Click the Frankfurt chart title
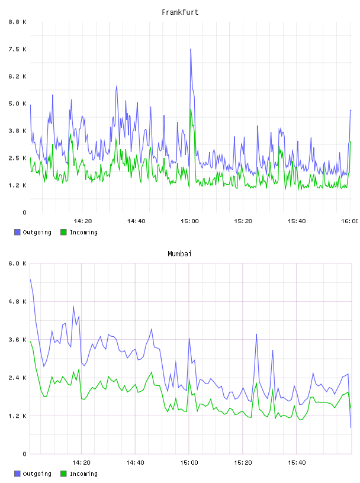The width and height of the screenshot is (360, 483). point(180,12)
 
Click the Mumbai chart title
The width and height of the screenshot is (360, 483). point(179,253)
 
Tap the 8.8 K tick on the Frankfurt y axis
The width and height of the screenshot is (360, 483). point(18,22)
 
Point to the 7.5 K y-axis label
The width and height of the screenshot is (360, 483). point(18,49)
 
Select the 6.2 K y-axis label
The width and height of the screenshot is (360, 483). point(18,76)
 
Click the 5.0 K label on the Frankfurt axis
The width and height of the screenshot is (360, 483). point(18,104)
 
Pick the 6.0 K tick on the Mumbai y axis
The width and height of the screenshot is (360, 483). point(18,263)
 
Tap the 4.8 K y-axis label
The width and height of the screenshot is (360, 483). point(18,301)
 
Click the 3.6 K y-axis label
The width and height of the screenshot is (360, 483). point(18,339)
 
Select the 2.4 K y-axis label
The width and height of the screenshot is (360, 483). point(18,378)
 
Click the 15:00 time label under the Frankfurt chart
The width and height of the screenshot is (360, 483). point(189,221)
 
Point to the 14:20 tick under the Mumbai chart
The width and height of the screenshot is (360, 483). point(81,462)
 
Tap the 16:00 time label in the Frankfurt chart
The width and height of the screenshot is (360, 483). point(350,221)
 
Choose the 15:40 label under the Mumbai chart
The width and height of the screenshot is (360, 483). point(297,462)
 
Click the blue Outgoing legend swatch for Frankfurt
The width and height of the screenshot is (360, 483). point(17,232)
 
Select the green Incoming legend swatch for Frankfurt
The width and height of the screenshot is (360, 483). point(63,232)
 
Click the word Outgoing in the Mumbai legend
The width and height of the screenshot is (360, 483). point(37,474)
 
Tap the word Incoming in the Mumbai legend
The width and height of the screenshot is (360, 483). point(83,474)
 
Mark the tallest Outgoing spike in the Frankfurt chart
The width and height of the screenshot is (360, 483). point(191,49)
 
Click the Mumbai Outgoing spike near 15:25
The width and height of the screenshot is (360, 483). point(256,334)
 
